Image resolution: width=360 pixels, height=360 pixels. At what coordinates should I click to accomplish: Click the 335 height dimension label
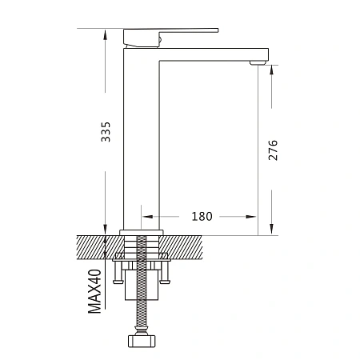106,132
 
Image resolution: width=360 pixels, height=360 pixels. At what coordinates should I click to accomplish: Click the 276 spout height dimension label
273,150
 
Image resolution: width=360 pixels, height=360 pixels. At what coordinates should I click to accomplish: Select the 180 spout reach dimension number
202,216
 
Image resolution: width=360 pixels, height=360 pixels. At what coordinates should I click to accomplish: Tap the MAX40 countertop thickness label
95,291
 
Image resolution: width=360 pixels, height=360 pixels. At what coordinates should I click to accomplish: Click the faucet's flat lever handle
170,37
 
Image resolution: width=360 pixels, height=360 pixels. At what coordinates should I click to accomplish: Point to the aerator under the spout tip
258,62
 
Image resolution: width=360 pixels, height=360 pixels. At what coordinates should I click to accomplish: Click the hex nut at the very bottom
142,341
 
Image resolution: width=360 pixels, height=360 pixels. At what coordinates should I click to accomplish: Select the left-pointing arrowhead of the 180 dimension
147,217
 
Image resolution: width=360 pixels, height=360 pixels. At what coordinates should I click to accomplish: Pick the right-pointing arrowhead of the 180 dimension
251,217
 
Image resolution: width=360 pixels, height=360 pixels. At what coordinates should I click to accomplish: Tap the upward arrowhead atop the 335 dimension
105,35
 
